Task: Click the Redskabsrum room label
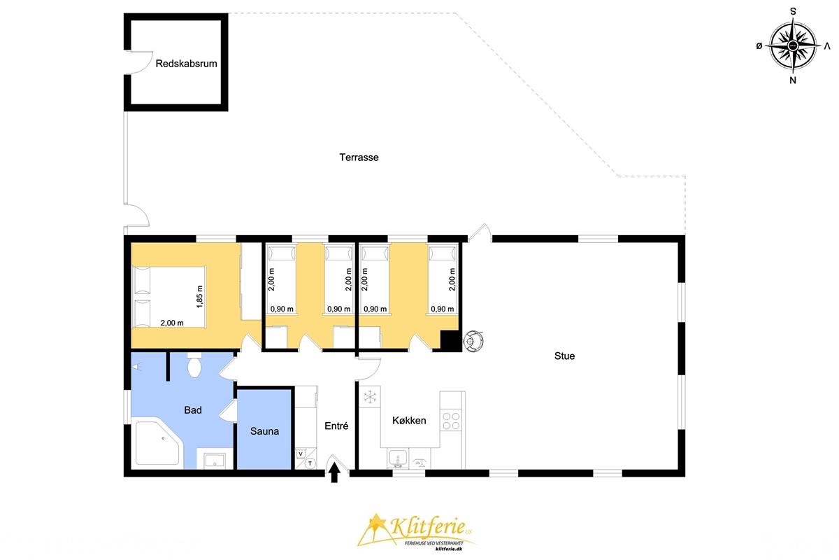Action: pyautogui.click(x=186, y=64)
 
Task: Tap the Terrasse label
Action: pyautogui.click(x=359, y=157)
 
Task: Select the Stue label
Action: pyautogui.click(x=564, y=356)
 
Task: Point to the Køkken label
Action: pyautogui.click(x=409, y=421)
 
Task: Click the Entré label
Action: pyautogui.click(x=336, y=426)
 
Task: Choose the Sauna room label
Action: pyautogui.click(x=264, y=431)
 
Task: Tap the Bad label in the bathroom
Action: pyautogui.click(x=193, y=410)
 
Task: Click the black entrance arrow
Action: pyautogui.click(x=334, y=472)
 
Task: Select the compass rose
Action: pyautogui.click(x=793, y=46)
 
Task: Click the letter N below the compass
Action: pyautogui.click(x=793, y=80)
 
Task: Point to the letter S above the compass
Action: pyautogui.click(x=793, y=12)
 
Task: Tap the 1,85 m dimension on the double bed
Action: pyautogui.click(x=200, y=297)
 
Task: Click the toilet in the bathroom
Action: pyautogui.click(x=194, y=365)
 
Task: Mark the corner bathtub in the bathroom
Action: pyautogui.click(x=159, y=443)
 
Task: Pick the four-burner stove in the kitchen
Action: pyautogui.click(x=451, y=421)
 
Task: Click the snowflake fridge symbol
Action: pyautogui.click(x=370, y=397)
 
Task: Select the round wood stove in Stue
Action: pyautogui.click(x=473, y=341)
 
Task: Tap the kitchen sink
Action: pyautogui.click(x=398, y=458)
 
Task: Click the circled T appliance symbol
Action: pyautogui.click(x=310, y=463)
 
